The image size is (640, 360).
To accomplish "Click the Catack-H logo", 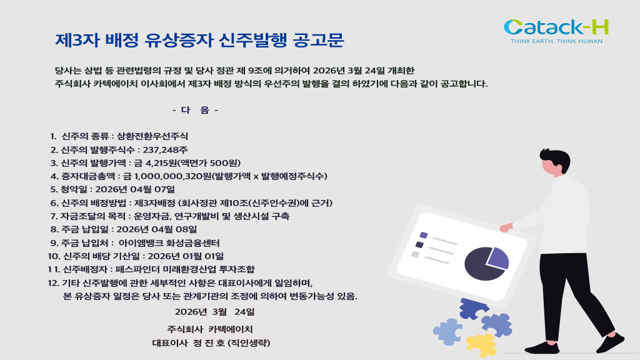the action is click(x=556, y=31).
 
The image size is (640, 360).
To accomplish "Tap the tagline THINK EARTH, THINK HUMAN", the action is click(x=556, y=41).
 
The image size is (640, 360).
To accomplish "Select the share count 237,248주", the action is click(x=165, y=150).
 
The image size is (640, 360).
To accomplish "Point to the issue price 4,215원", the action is click(x=161, y=163).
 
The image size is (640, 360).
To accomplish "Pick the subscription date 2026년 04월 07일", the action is click(x=135, y=189).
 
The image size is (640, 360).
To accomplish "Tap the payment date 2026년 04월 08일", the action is click(x=157, y=229).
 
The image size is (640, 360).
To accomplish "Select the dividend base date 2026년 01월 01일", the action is click(x=186, y=256).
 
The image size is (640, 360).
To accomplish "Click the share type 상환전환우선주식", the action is click(x=152, y=136).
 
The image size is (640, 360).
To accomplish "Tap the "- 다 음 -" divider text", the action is click(x=195, y=110).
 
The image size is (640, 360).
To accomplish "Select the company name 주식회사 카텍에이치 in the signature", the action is click(x=210, y=329).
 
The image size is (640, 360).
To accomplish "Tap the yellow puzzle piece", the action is click(x=482, y=345).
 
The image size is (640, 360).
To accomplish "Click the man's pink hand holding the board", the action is click(x=506, y=227).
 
